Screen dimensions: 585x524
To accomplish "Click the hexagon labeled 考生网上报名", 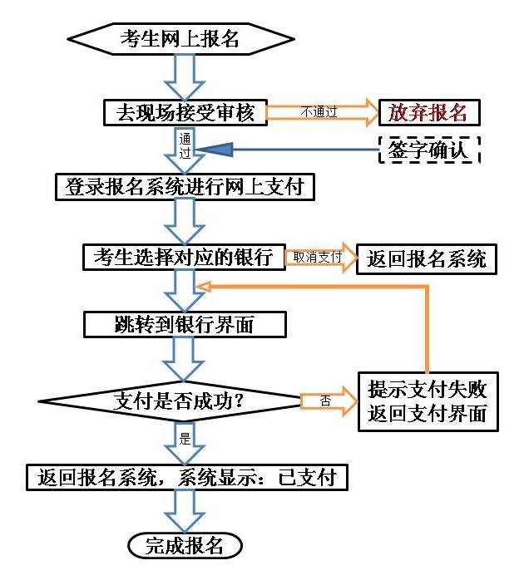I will tap(180, 37).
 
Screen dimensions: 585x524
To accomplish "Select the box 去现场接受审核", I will tap(185, 111).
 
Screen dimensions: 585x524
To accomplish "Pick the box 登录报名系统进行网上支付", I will tap(185, 186).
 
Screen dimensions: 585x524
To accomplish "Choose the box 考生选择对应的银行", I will tap(184, 257).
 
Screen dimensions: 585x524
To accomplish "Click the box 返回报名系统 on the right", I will tap(427, 258).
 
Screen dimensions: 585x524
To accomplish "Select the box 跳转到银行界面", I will tap(185, 324).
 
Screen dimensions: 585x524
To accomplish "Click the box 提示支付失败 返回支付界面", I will tap(428, 401).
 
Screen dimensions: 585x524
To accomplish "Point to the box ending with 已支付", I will tap(186, 477).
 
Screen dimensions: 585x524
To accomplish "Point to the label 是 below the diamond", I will tap(185, 435).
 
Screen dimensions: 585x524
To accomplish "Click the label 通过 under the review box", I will tap(185, 146).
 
